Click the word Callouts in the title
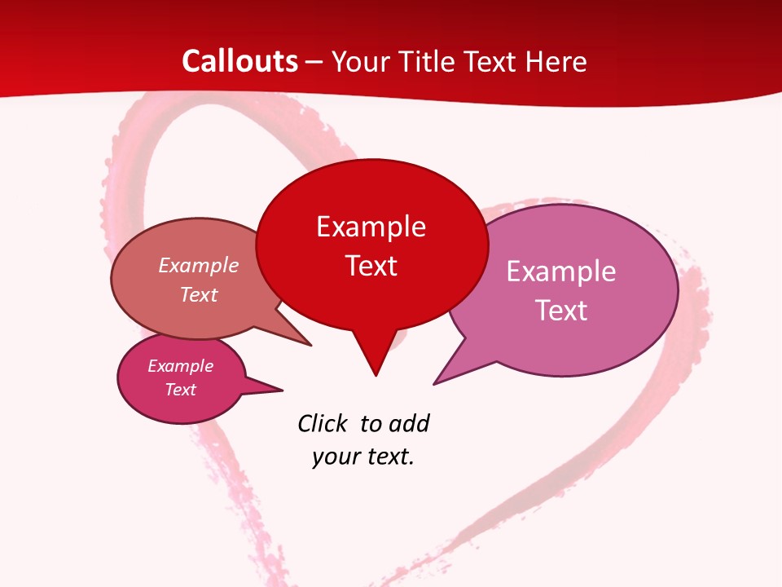tap(239, 61)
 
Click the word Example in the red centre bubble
tap(371, 227)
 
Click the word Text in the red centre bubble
tap(371, 266)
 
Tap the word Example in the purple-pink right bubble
tap(560, 271)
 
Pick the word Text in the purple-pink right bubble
tap(560, 311)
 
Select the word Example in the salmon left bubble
tap(198, 266)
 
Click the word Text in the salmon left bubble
tap(198, 294)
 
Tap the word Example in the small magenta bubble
tap(180, 366)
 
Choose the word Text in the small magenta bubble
tap(180, 390)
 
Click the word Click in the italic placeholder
tap(322, 423)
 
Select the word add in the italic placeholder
tap(409, 423)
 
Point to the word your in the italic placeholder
tap(334, 457)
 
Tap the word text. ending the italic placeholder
tap(389, 457)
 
